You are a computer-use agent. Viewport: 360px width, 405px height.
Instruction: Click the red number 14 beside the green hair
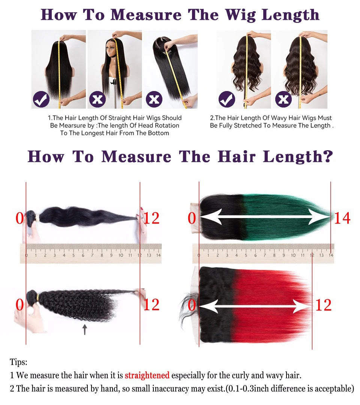342,218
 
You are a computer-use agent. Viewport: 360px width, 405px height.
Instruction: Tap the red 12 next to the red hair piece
323,305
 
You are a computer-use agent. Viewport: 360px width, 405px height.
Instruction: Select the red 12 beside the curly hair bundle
151,305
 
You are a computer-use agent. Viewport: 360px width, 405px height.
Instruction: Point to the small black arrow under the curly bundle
85,329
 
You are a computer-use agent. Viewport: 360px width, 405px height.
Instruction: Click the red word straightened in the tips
147,375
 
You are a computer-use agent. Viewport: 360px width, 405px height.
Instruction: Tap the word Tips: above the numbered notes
18,362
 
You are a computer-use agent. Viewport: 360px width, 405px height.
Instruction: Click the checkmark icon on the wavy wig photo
226,100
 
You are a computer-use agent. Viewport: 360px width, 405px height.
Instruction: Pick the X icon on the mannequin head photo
98,99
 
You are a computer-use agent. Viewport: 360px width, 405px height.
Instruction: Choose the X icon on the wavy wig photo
283,99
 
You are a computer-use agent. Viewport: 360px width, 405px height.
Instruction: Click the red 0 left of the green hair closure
192,218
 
